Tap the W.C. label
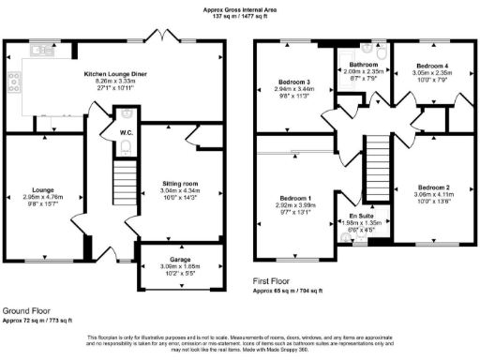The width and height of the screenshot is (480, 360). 125,132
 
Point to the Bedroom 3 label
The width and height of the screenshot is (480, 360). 293,82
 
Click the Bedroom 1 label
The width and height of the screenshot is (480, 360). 296,198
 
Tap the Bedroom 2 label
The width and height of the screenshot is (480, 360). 433,186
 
